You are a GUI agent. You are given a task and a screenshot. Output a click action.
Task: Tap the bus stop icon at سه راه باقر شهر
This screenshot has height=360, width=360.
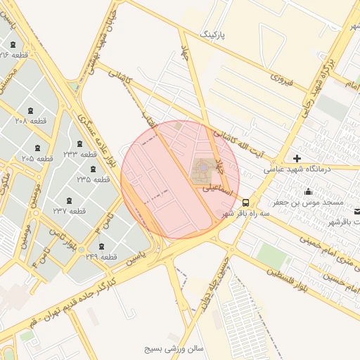point(245,202)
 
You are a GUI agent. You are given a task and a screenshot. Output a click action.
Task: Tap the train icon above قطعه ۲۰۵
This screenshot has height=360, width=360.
point(37,148)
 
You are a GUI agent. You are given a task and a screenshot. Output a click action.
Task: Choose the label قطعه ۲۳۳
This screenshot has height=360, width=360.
point(79,153)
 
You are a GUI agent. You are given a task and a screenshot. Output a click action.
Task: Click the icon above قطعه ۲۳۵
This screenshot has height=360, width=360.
point(93,169)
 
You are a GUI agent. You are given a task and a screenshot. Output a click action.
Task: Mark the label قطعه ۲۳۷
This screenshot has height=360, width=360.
point(69,211)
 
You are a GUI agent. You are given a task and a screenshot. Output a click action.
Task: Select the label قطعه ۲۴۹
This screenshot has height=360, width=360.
point(101,257)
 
